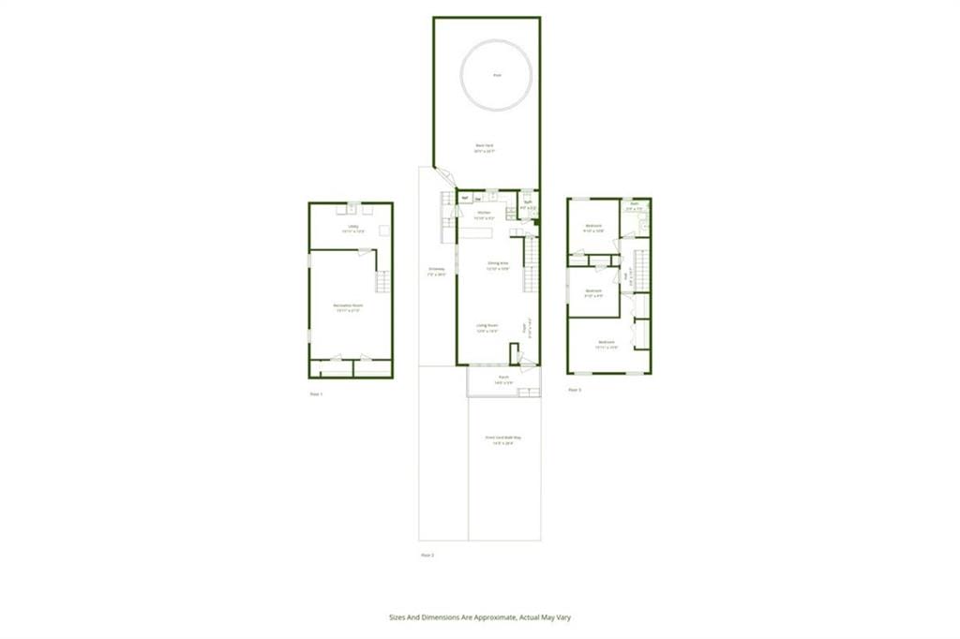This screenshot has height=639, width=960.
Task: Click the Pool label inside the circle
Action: tap(496, 76)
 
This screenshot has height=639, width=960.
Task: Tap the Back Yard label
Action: tap(485, 145)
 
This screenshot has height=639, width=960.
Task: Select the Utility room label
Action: tap(352, 226)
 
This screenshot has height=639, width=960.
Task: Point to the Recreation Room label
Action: tap(349, 306)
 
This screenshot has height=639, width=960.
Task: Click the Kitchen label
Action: tap(485, 213)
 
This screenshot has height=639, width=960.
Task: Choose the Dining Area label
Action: tap(498, 263)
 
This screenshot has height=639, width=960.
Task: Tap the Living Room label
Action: tap(487, 325)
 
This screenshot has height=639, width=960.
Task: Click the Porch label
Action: tap(503, 379)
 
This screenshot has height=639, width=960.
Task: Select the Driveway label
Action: tap(435, 271)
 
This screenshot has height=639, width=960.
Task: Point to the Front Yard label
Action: tap(502, 438)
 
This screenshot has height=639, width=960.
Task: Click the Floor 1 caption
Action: tap(316, 394)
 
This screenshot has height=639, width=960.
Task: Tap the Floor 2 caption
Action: tap(427, 555)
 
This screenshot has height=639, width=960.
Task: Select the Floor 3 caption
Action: tap(575, 390)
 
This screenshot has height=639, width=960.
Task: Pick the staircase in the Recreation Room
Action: tap(381, 281)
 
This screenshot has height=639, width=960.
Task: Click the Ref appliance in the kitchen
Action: tap(464, 199)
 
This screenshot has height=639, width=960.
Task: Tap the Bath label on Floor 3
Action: tap(635, 203)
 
